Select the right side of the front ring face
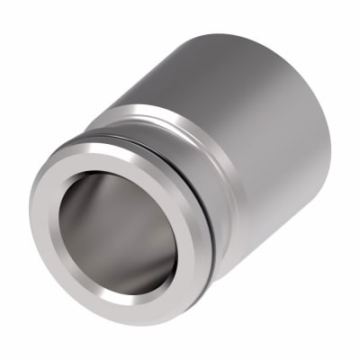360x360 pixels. [184, 243]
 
